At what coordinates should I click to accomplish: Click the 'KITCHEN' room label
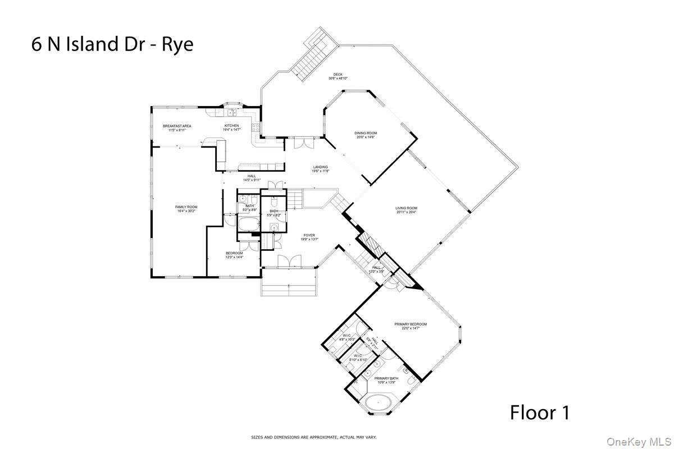pyautogui.click(x=232, y=126)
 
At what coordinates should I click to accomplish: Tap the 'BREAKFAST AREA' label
pyautogui.click(x=177, y=126)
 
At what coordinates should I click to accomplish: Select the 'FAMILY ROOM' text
pyautogui.click(x=186, y=207)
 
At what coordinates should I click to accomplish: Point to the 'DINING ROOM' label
pyautogui.click(x=365, y=133)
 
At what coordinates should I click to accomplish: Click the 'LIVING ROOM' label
pyautogui.click(x=406, y=208)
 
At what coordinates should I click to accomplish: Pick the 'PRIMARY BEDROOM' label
pyautogui.click(x=411, y=324)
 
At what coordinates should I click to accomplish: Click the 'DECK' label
pyautogui.click(x=338, y=75)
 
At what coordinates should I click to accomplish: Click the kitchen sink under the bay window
pyautogui.click(x=230, y=113)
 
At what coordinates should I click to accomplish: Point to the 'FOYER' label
pyautogui.click(x=309, y=235)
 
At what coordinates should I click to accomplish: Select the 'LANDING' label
pyautogui.click(x=321, y=167)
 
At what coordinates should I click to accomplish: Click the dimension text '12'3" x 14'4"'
pyautogui.click(x=234, y=257)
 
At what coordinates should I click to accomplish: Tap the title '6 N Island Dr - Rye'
pyautogui.click(x=112, y=44)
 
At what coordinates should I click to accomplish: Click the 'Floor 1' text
pyautogui.click(x=540, y=413)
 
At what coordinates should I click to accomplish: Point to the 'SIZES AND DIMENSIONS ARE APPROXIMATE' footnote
pyautogui.click(x=313, y=437)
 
